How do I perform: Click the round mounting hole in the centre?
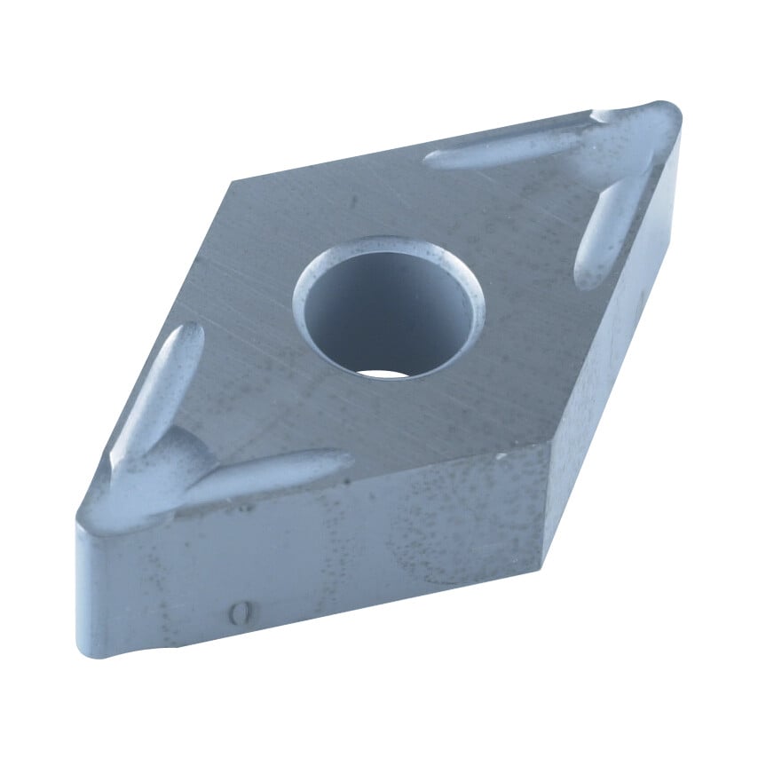pos(388,306)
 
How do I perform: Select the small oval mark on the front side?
pos(237,612)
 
